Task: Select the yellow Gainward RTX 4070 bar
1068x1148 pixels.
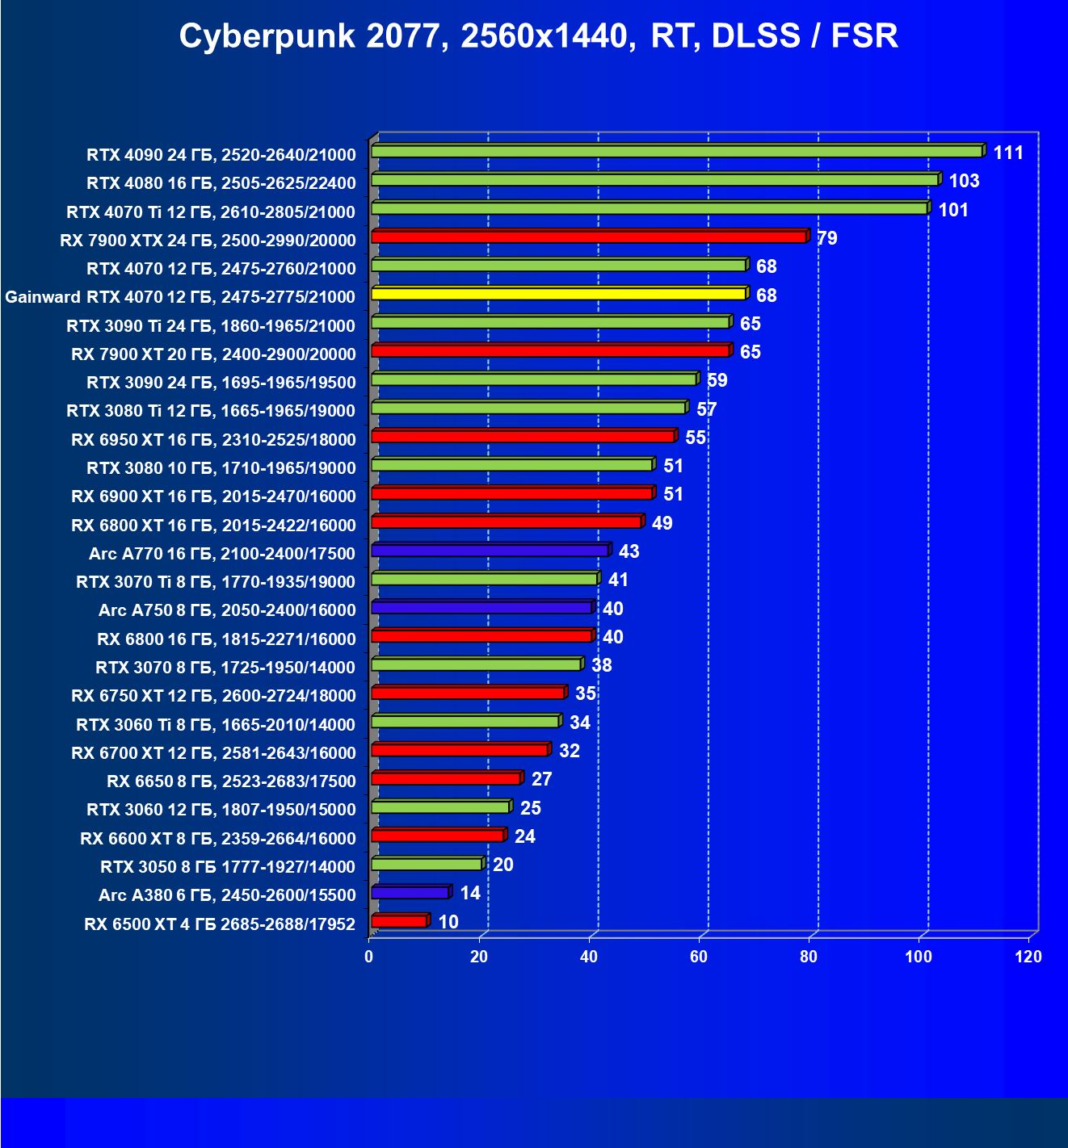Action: [558, 294]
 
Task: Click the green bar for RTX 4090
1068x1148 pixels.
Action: [676, 152]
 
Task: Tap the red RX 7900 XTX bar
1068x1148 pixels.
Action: [589, 237]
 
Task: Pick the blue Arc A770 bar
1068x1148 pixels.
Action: [490, 551]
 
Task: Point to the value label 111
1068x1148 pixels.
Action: [1008, 153]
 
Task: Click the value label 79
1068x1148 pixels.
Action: [827, 238]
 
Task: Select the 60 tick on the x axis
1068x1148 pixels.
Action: [699, 957]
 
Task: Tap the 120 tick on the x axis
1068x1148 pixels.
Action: [1028, 957]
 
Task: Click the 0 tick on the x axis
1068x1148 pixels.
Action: [369, 957]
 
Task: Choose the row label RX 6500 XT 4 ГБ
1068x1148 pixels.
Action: [220, 924]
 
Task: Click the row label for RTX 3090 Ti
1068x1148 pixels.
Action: [211, 325]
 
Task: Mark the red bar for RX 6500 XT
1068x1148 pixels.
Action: [399, 921]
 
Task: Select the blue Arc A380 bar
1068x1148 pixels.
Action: [410, 893]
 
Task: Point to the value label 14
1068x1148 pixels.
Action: [470, 893]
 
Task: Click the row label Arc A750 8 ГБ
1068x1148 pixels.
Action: [227, 610]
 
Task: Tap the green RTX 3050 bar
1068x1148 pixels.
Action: [427, 865]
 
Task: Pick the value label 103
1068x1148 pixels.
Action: [964, 181]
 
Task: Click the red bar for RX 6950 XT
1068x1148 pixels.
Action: [523, 437]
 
